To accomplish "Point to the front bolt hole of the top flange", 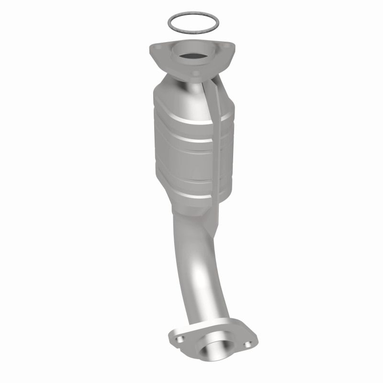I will click(195, 74).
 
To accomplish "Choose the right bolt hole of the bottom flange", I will click(247, 344).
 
